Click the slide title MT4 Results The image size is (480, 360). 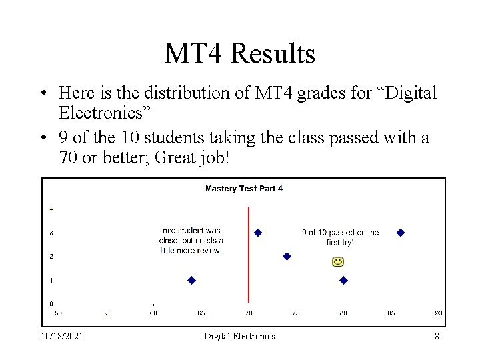239,53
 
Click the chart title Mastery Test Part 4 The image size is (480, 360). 243,189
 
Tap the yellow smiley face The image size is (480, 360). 338,261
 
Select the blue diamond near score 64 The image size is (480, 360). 192,281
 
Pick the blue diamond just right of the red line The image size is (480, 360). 258,233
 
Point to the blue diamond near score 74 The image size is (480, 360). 287,256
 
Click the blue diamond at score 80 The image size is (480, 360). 343,281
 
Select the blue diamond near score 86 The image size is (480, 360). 401,233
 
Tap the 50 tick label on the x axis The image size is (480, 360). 58,313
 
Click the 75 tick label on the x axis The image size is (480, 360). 296,313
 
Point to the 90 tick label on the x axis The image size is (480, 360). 439,313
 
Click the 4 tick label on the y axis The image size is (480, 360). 51,209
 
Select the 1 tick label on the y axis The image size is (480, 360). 51,280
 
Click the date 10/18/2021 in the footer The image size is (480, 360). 62,337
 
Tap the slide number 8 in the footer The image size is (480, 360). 437,337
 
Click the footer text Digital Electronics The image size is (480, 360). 239,337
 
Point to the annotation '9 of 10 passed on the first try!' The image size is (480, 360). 340,237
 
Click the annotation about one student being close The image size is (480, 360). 191,241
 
